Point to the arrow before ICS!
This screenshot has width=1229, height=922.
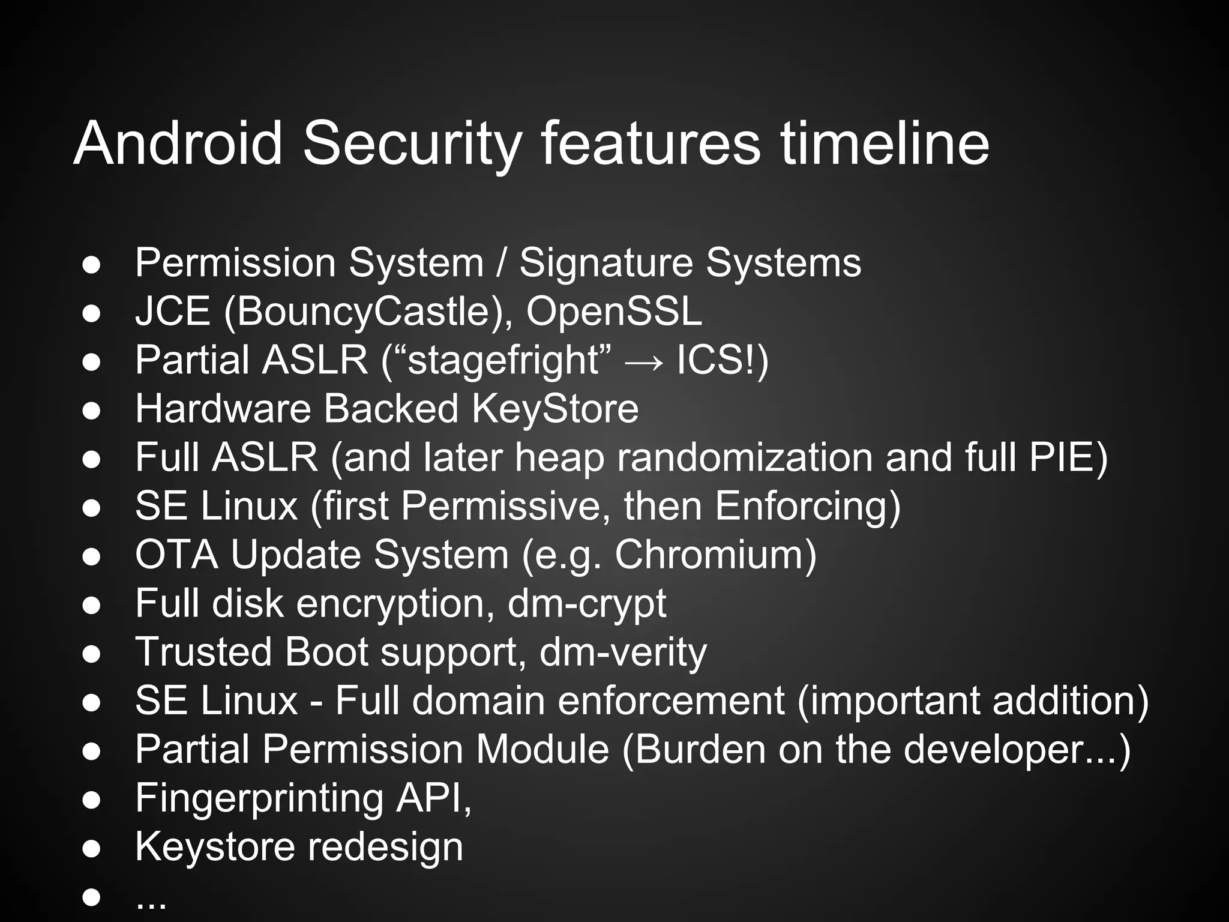pyautogui.click(x=644, y=362)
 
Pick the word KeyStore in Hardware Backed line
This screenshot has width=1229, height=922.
pyautogui.click(x=554, y=409)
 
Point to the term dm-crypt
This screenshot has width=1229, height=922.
pyautogui.click(x=586, y=604)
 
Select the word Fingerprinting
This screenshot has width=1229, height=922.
pyautogui.click(x=259, y=799)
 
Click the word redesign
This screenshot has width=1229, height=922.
pyautogui.click(x=385, y=848)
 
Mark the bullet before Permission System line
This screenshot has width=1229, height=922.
pyautogui.click(x=91, y=265)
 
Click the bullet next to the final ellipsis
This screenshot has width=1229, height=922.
pyautogui.click(x=91, y=897)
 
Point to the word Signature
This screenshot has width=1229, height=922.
pyautogui.click(x=605, y=264)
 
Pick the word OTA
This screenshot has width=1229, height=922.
pyautogui.click(x=176, y=554)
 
